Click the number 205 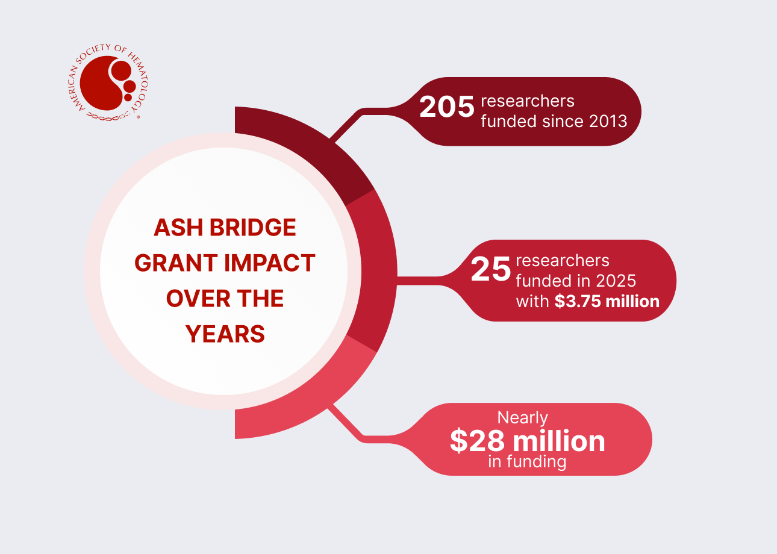(x=446, y=108)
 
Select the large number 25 (x=490, y=270)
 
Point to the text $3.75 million (x=607, y=301)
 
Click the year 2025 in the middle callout (x=616, y=281)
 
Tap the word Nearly (x=522, y=417)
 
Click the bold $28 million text (x=527, y=441)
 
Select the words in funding (x=527, y=462)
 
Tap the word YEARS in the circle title (x=225, y=334)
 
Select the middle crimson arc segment (x=376, y=271)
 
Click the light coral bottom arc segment (x=301, y=409)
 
